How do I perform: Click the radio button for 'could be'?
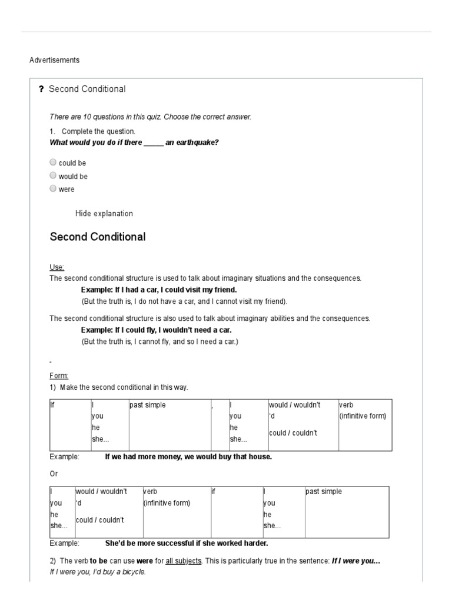54,163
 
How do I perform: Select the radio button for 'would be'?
54,175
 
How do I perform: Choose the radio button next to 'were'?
54,188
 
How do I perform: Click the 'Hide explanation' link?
104,214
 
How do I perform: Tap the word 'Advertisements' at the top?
54,60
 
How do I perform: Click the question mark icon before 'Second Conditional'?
41,90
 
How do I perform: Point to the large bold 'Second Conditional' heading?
98,237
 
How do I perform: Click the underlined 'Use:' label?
57,267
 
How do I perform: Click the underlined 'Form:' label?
59,376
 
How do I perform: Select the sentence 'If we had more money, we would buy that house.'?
188,457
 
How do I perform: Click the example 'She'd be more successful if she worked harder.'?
186,544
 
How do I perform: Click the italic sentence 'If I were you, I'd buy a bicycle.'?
98,572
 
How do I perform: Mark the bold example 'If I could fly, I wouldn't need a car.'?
157,330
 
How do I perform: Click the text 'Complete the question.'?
98,131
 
